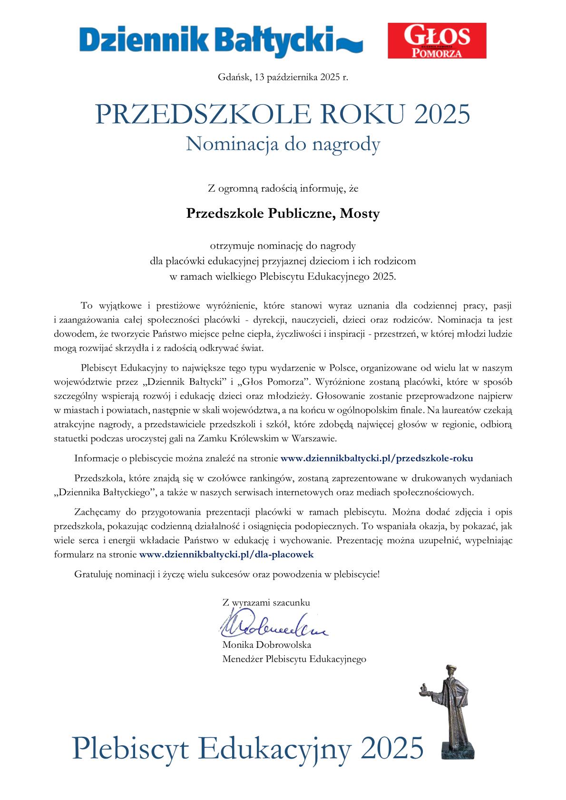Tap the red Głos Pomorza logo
(x=437, y=40)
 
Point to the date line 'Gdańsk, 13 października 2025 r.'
(x=283, y=77)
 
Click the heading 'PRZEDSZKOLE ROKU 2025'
(x=283, y=114)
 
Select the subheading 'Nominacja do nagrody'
(x=283, y=144)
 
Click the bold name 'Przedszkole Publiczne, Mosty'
(x=283, y=214)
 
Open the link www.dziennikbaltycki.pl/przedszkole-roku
(x=377, y=459)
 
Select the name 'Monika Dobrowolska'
(x=267, y=645)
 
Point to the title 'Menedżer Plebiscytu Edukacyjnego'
(x=294, y=659)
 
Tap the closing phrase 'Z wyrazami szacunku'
(x=266, y=602)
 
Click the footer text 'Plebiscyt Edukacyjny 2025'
(x=247, y=747)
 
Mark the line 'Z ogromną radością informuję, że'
(x=283, y=188)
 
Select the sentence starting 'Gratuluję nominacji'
(x=227, y=574)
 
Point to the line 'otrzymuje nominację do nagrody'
(x=283, y=246)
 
